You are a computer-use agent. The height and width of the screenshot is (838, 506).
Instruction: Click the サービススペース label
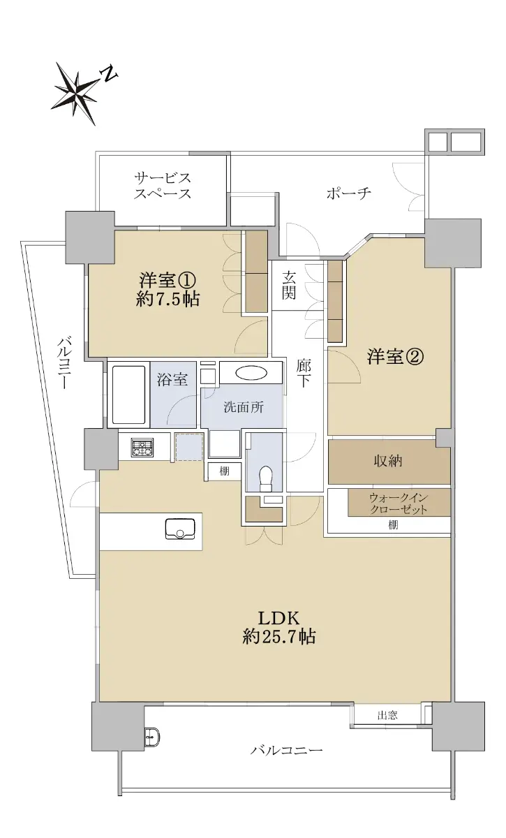click(x=163, y=186)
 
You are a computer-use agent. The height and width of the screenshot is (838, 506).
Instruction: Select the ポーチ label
click(x=348, y=193)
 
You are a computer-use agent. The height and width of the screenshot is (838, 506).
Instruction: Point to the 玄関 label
click(x=289, y=285)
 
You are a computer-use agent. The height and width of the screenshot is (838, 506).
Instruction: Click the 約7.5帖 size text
click(x=168, y=299)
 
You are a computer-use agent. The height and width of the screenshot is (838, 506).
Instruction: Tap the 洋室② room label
click(x=395, y=357)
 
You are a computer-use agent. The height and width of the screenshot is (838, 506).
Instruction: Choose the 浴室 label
click(x=172, y=379)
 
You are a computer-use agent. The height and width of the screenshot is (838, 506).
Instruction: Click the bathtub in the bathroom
click(x=128, y=395)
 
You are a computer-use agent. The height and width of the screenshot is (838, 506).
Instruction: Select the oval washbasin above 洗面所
click(x=251, y=373)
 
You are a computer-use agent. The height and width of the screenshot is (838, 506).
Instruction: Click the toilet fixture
click(x=267, y=478)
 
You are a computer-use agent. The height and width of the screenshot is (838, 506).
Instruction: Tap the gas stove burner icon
click(x=142, y=448)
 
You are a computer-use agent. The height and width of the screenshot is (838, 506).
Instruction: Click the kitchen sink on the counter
click(x=180, y=529)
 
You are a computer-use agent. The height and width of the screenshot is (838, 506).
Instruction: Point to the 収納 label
click(x=388, y=462)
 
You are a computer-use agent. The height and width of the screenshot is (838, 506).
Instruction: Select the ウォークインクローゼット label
click(x=399, y=503)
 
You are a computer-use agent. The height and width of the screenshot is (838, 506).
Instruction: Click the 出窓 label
click(x=387, y=716)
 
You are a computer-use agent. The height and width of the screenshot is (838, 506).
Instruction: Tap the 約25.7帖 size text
click(x=279, y=636)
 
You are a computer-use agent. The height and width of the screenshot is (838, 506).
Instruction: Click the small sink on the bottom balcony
click(x=153, y=737)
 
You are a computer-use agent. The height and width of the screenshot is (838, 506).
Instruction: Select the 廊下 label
click(x=304, y=374)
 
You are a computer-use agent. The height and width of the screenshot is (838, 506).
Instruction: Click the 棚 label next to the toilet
click(x=225, y=471)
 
